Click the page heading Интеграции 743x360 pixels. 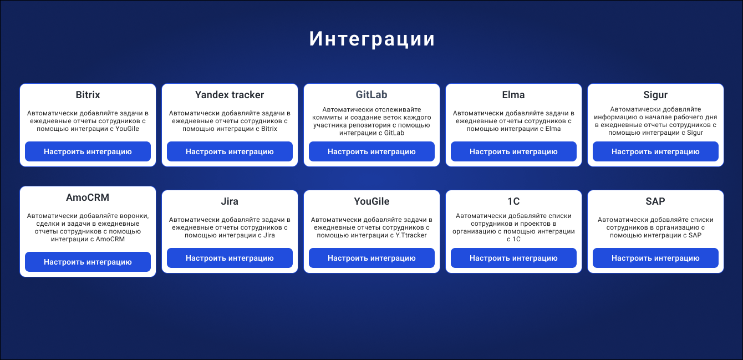click(372, 39)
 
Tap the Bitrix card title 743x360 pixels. click(88, 95)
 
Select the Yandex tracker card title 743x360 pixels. click(230, 95)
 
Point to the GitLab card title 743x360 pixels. click(371, 95)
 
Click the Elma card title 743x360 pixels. click(513, 95)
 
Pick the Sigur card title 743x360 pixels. click(655, 95)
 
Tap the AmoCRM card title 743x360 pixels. click(88, 197)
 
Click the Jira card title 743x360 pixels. click(230, 201)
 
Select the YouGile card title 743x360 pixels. click(371, 201)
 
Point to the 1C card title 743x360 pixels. click(513, 201)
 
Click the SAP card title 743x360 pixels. click(655, 201)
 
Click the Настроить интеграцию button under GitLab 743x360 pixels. click(371, 151)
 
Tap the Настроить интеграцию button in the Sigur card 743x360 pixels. click(655, 151)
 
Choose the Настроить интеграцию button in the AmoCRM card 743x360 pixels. click(88, 262)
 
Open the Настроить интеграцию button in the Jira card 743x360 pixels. click(230, 258)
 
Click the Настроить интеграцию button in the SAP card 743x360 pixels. click(655, 258)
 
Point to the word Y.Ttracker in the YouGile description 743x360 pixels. click(411, 235)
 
